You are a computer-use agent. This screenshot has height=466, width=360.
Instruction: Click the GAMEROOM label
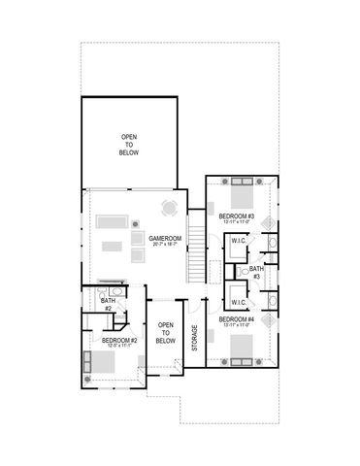coord(161,237)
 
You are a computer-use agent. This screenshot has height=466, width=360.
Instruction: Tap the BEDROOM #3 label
coord(236,216)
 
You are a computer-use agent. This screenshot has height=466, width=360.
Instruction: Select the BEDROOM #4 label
coord(236,319)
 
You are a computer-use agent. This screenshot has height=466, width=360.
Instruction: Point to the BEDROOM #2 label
coord(119,341)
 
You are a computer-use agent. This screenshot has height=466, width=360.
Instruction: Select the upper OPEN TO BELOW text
coord(129,145)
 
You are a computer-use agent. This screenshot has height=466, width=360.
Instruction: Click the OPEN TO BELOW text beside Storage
coord(166,333)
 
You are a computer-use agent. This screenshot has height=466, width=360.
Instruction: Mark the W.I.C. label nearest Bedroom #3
coord(237,242)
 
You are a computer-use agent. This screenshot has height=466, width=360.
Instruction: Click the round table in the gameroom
coord(170,207)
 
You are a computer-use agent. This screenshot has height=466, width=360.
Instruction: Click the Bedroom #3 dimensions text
coord(236,222)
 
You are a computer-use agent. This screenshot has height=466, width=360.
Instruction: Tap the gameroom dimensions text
coord(161,244)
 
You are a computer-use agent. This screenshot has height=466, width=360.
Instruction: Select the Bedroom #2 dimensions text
coord(119,348)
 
